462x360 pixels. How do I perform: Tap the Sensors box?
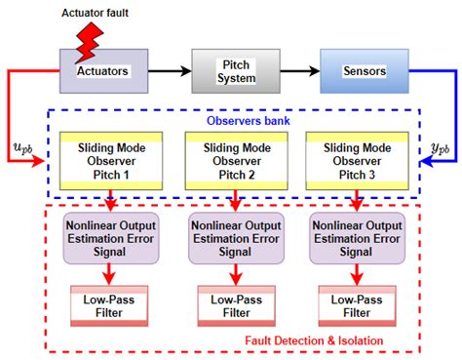pyautogui.click(x=352, y=70)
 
